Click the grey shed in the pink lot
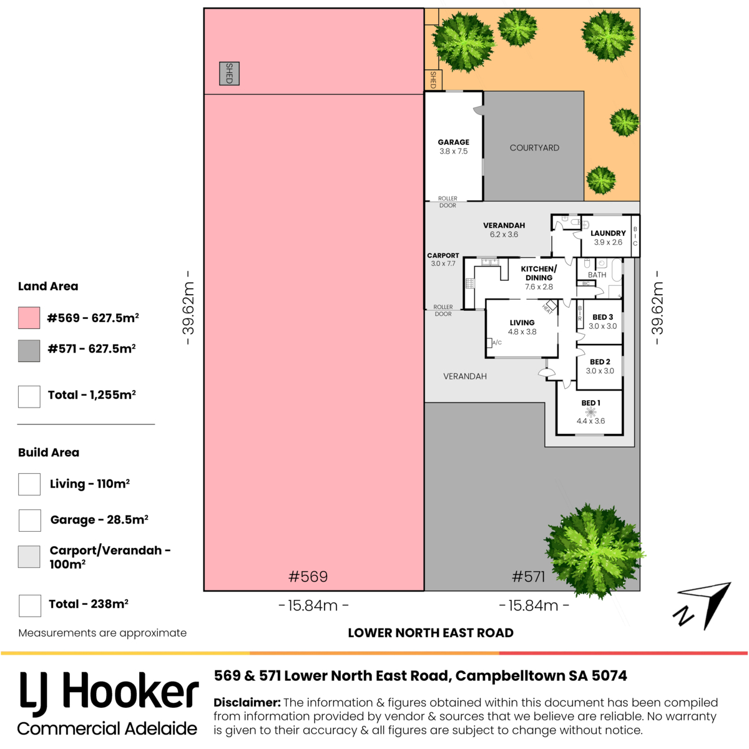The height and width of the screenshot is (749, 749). [229, 74]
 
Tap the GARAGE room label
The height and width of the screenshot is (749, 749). [453, 142]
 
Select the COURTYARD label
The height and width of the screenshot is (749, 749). [534, 148]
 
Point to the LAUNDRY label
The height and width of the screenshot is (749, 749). [608, 233]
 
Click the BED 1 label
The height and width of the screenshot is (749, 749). [590, 403]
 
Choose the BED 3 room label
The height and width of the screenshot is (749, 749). [602, 317]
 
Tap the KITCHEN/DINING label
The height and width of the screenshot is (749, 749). [539, 273]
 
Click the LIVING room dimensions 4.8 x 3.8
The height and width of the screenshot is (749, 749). [522, 332]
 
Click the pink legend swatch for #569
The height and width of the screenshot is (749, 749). [29, 318]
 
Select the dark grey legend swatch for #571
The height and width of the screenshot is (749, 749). [29, 351]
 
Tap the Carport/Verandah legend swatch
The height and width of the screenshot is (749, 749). [29, 557]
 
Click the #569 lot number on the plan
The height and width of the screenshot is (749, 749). [308, 577]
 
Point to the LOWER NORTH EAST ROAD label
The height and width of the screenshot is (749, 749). [431, 633]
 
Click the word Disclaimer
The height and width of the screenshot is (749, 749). [247, 702]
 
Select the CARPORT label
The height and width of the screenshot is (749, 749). [443, 255]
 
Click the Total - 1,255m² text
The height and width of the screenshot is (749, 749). [92, 395]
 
